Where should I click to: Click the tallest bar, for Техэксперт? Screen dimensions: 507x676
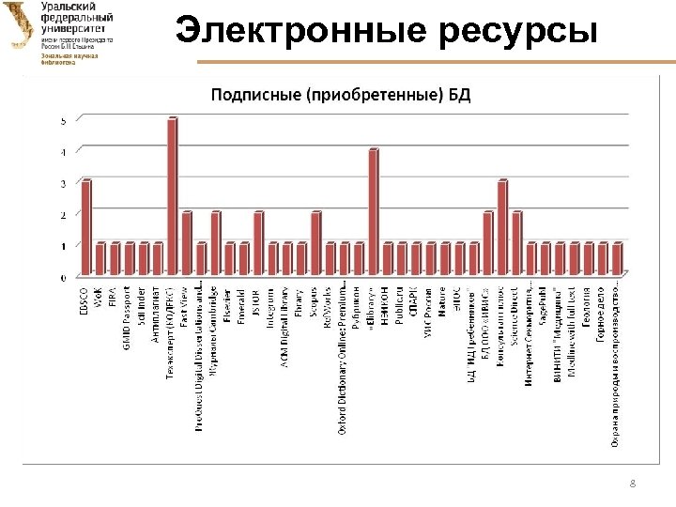click(172, 197)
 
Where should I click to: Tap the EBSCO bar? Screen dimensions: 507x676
click(86, 228)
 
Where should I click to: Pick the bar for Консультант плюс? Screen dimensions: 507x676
click(502, 228)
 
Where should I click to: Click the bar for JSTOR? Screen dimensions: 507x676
click(258, 244)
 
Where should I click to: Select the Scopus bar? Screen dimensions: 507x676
click(315, 244)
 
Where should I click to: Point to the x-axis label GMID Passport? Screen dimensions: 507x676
click(130, 314)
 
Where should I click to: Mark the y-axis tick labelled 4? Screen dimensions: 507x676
click(63, 152)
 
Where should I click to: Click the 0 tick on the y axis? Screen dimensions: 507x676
click(63, 278)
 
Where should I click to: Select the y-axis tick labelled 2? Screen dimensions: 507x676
click(63, 215)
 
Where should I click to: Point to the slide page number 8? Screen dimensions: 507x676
click(633, 484)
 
